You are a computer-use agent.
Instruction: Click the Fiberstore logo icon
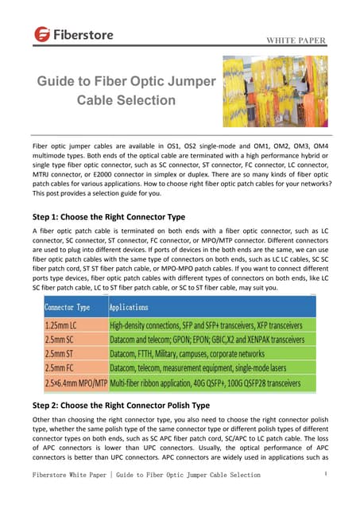tap(43, 35)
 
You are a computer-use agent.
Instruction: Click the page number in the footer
tap(327, 473)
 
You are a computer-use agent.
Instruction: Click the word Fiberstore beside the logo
tap(84, 35)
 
